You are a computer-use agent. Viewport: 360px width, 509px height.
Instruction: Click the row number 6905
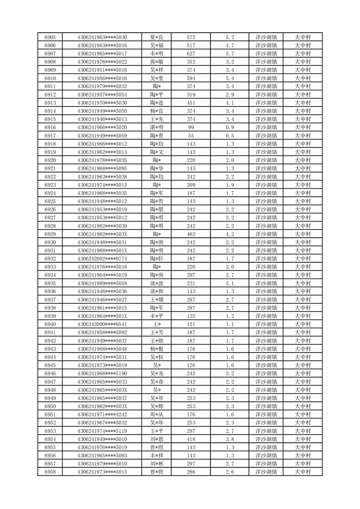50,37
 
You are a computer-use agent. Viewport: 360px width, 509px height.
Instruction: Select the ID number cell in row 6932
102,259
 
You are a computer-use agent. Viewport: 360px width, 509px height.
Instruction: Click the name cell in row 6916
157,127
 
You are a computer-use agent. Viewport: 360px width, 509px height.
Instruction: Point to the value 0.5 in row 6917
229,136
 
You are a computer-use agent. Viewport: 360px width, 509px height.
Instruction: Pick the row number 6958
50,472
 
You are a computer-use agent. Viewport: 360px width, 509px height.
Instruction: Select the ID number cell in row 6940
102,324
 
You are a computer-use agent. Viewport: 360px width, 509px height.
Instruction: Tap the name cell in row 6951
157,415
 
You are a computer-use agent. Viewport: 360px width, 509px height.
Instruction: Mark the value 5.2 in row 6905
229,37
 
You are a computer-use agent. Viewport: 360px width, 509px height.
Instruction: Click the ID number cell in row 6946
102,373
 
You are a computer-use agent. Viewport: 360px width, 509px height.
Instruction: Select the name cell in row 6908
157,62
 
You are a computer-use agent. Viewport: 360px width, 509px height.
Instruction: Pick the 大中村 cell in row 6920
302,160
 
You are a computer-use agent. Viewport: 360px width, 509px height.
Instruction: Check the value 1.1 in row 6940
229,324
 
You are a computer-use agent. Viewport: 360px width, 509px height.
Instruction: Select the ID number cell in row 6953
102,431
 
